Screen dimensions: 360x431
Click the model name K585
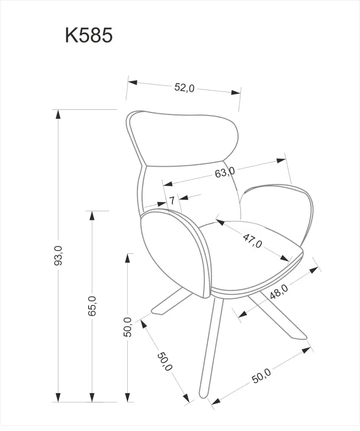pos(89,35)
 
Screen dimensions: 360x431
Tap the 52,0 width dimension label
pos(184,88)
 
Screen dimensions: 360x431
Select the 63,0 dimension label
pos(225,172)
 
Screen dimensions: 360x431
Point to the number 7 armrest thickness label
pos(172,200)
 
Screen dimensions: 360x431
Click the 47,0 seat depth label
pos(253,240)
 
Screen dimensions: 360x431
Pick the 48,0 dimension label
pos(279,291)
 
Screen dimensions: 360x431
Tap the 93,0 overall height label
pos(58,255)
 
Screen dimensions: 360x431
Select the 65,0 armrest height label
pos(92,306)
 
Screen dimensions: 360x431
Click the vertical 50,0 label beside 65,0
pos(127,327)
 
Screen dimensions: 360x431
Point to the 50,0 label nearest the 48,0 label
pos(261,375)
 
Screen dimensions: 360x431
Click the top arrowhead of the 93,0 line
pos(58,114)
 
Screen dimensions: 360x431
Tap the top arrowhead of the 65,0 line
pos(92,215)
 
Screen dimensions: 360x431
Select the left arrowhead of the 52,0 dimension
pos(133,82)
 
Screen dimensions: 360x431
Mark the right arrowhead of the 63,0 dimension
pos(281,160)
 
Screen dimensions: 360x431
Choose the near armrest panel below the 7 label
pos(176,253)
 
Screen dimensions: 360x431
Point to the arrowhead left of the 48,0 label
pos(242,314)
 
